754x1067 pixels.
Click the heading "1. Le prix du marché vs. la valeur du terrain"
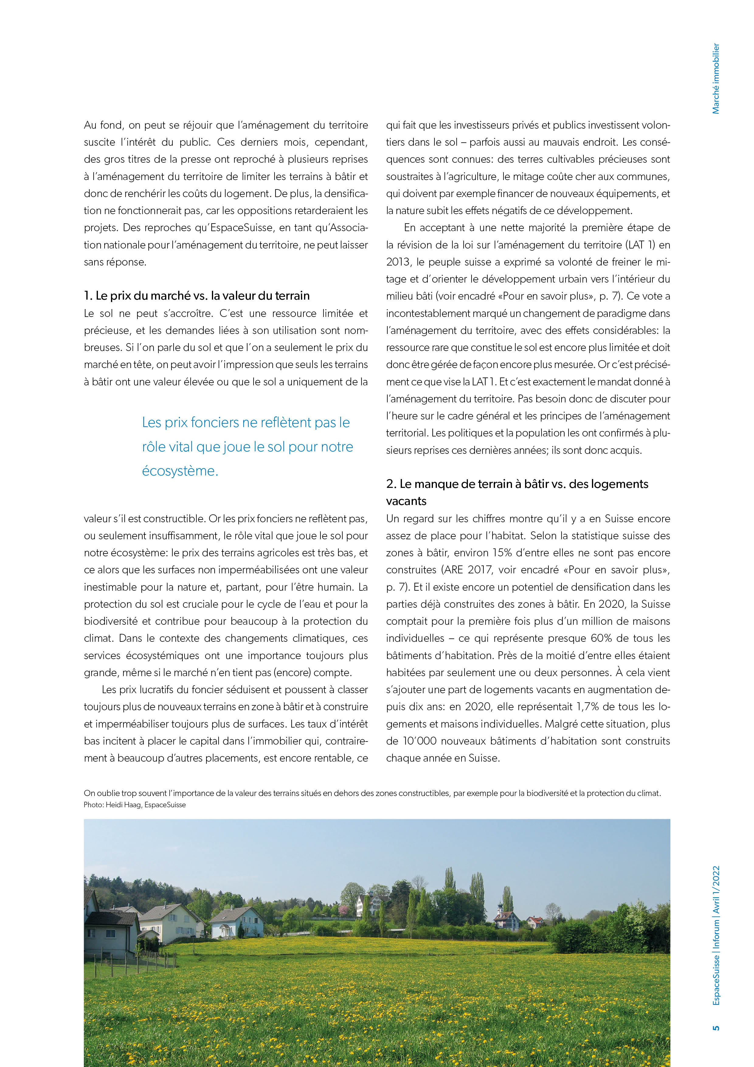[196, 296]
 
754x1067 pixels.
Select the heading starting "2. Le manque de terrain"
[517, 484]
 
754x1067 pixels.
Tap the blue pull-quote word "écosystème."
[180, 471]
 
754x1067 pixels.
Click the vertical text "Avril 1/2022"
[716, 890]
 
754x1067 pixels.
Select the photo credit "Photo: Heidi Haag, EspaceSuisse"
[134, 805]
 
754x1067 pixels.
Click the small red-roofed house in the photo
[535, 921]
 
